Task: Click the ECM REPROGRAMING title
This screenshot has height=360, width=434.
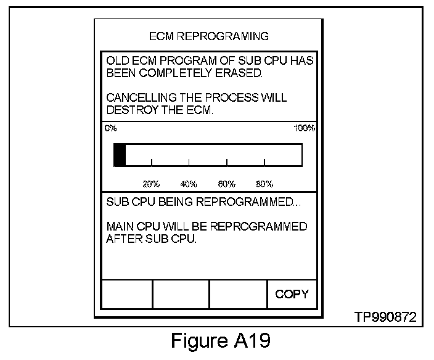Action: [x=209, y=36]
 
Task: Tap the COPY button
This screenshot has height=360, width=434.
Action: [x=292, y=294]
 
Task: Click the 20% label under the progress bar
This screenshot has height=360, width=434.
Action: [x=151, y=184]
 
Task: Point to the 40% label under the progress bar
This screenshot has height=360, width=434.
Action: [x=189, y=184]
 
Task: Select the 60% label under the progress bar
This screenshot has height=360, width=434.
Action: [x=226, y=184]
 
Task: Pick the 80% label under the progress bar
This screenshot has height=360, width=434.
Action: [x=264, y=184]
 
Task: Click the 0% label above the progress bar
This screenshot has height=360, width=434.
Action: [x=111, y=128]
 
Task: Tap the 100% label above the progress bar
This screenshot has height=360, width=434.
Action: [x=305, y=128]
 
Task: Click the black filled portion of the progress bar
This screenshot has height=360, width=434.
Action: [x=120, y=155]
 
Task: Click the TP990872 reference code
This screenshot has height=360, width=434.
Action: [x=385, y=317]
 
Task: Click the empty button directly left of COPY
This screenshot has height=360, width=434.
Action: [x=238, y=294]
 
